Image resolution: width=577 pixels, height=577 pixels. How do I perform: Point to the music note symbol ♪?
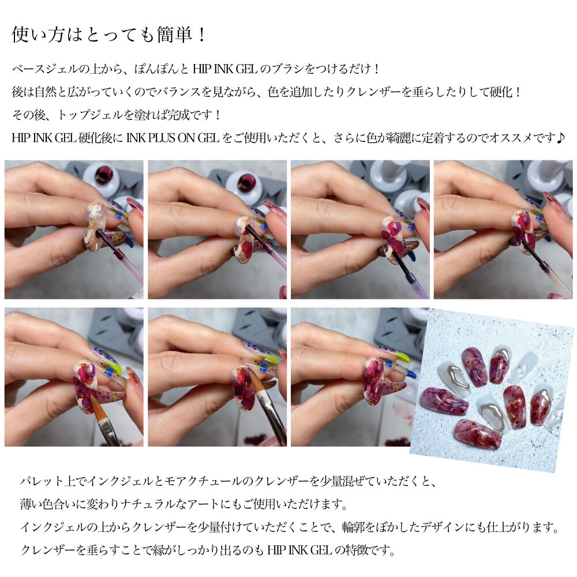pos(561,138)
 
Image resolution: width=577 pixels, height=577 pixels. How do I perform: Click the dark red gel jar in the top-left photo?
pos(104,175)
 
